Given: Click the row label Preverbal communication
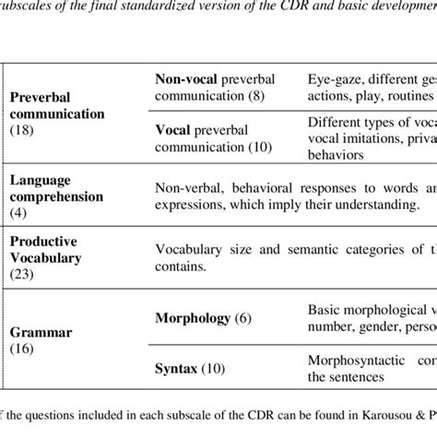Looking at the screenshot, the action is point(56,105).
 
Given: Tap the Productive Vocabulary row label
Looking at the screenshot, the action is point(55,248).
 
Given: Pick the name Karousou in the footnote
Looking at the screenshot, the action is point(355,425).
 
